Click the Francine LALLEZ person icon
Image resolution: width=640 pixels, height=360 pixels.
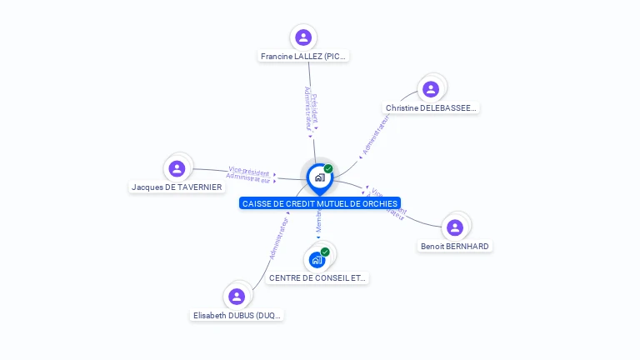pyautogui.click(x=303, y=37)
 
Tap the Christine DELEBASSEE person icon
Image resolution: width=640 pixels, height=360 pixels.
pyautogui.click(x=431, y=89)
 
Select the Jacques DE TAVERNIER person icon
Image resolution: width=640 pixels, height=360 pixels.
pyautogui.click(x=177, y=168)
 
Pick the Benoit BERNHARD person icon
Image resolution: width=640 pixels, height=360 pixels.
pyautogui.click(x=455, y=227)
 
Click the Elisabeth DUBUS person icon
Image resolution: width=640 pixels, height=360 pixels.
pyautogui.click(x=237, y=296)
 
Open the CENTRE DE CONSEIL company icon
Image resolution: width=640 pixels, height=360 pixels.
pyautogui.click(x=317, y=260)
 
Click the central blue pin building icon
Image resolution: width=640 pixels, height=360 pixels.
pyautogui.click(x=319, y=177)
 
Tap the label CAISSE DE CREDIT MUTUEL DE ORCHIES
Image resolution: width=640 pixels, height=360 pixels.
pyautogui.click(x=319, y=203)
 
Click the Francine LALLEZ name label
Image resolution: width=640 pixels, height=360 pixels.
pyautogui.click(x=303, y=57)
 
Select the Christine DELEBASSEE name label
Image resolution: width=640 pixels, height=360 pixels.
pyautogui.click(x=431, y=108)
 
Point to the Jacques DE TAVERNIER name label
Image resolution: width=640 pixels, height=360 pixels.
pyautogui.click(x=177, y=187)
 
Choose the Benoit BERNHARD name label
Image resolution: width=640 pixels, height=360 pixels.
pyautogui.click(x=455, y=247)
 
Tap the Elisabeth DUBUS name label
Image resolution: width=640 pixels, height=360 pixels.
pyautogui.click(x=237, y=316)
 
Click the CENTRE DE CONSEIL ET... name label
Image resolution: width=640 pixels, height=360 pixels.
pyautogui.click(x=317, y=278)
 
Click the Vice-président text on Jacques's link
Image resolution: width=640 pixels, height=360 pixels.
pyautogui.click(x=248, y=171)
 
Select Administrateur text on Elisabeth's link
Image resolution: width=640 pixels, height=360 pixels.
pyautogui.click(x=278, y=238)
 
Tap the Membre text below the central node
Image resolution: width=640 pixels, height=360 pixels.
pyautogui.click(x=318, y=221)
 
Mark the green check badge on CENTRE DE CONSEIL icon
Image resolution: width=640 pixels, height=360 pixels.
pyautogui.click(x=325, y=252)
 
